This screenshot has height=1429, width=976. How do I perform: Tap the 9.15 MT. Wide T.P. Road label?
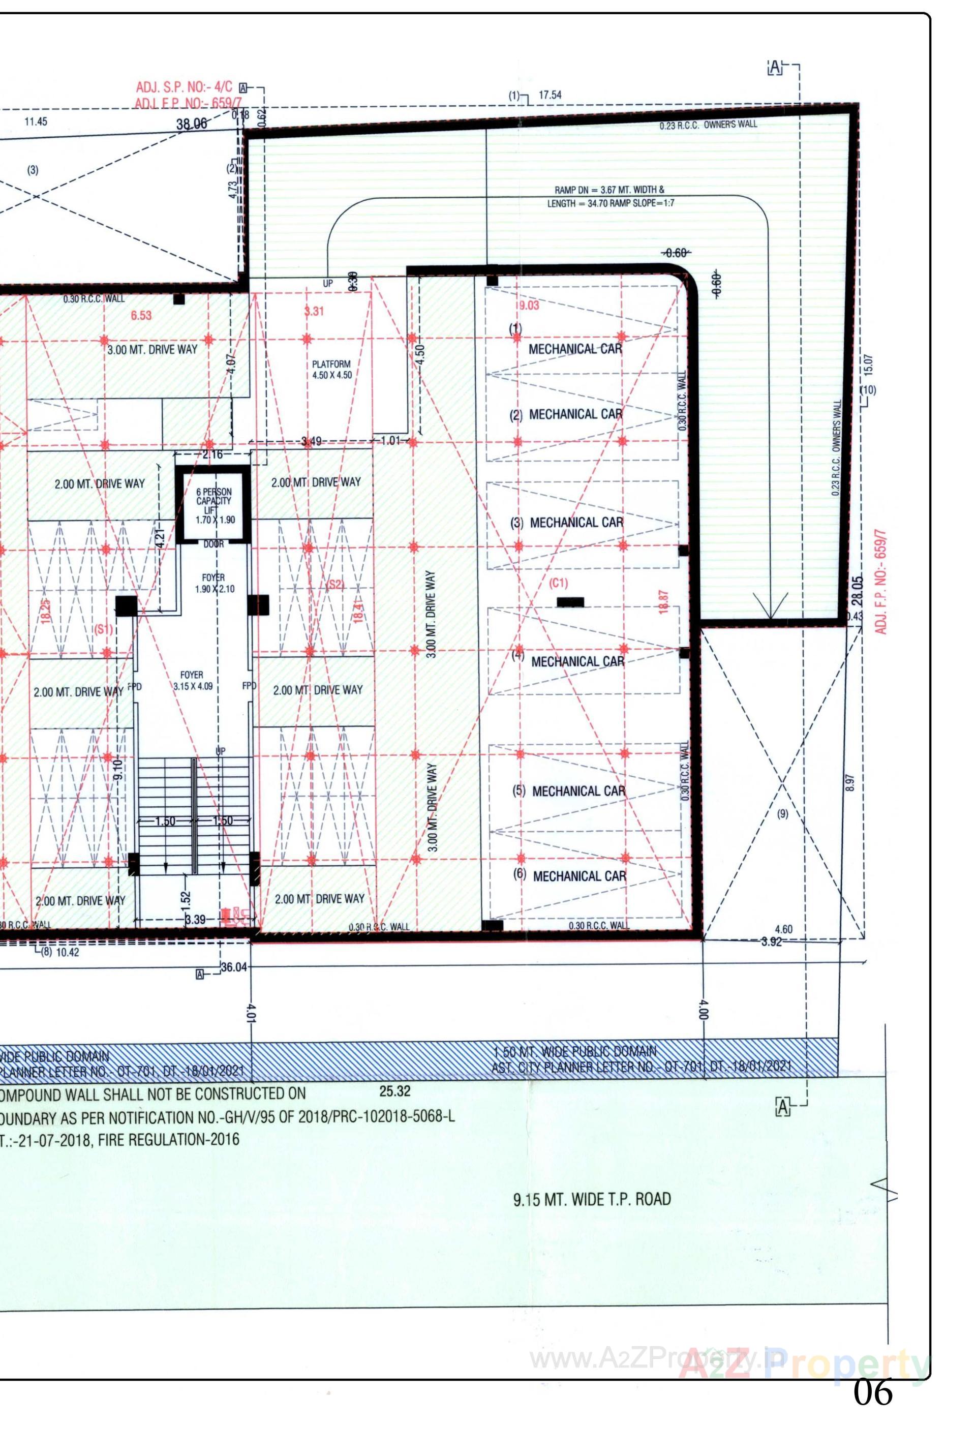coord(592,1199)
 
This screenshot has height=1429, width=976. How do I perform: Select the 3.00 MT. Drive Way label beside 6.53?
coord(152,349)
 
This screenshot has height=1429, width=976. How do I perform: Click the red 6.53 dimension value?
coord(141,316)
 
